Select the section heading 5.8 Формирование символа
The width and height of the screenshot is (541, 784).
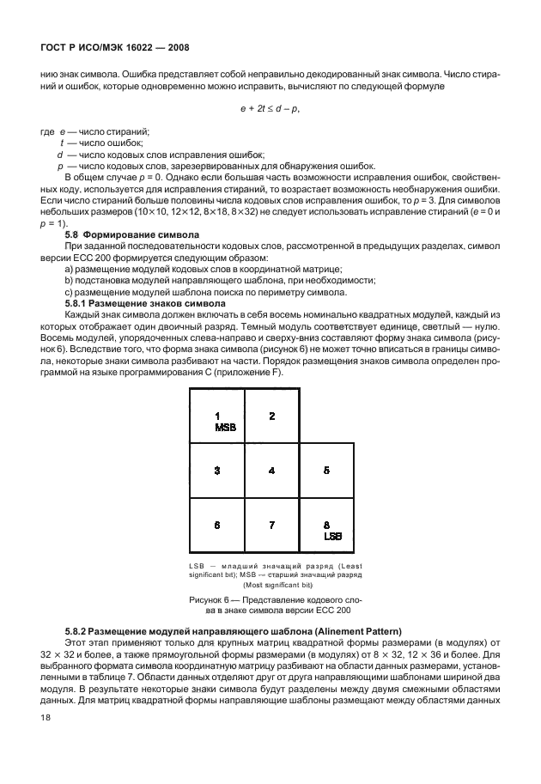tap(132, 234)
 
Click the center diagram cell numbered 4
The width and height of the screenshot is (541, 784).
tap(271, 471)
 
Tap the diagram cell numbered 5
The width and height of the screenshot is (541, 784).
tap(326, 471)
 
